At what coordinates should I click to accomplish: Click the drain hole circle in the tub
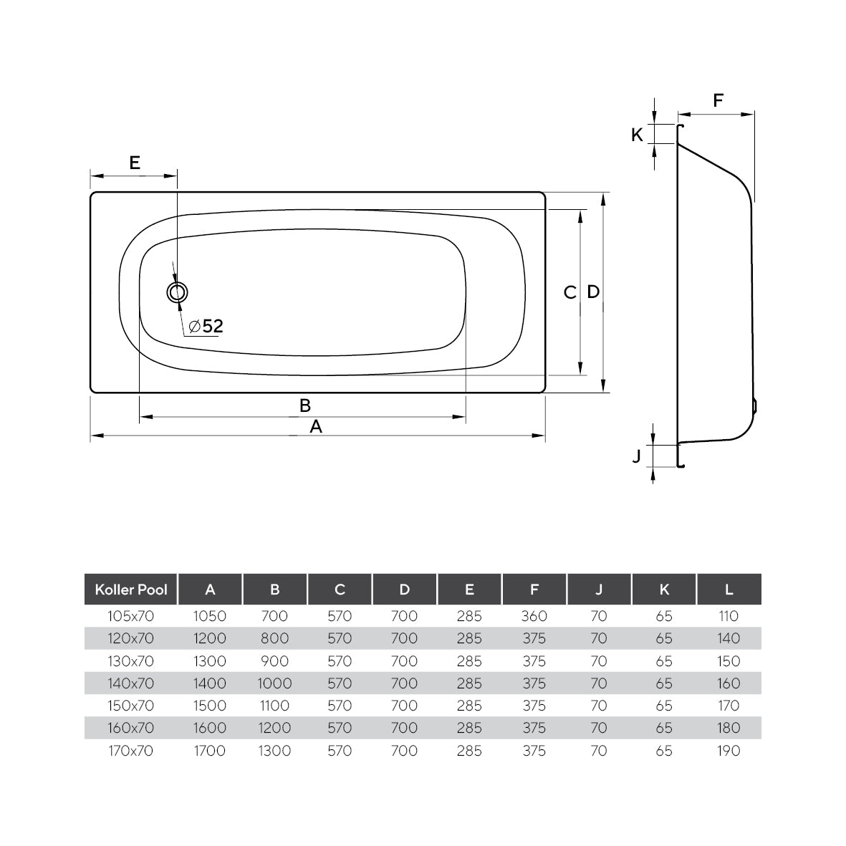pos(177,292)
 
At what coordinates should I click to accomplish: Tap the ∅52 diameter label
pos(206,327)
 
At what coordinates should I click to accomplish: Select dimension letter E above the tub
pos(134,163)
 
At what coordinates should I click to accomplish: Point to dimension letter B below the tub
pos(304,405)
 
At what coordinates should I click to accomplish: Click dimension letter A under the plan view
pos(315,427)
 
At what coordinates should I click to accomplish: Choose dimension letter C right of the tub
pos(569,292)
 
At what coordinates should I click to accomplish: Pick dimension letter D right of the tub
pos(593,292)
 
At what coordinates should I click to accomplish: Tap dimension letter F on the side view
pos(718,100)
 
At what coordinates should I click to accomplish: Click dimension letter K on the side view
pos(637,134)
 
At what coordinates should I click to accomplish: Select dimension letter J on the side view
pos(636,456)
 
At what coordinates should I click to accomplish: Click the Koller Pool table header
pos(131,590)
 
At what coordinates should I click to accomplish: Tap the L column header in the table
pos(729,590)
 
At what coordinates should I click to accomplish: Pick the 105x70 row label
pos(131,616)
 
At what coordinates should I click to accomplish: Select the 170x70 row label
pos(131,751)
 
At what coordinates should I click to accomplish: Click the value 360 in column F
pos(534,616)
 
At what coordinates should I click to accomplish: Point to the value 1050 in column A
pos(210,616)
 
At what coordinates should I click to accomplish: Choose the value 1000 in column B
pos(274,683)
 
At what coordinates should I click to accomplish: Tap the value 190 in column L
pos(729,751)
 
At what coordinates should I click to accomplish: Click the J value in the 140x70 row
pos(599,683)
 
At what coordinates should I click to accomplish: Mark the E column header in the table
pos(469,590)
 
